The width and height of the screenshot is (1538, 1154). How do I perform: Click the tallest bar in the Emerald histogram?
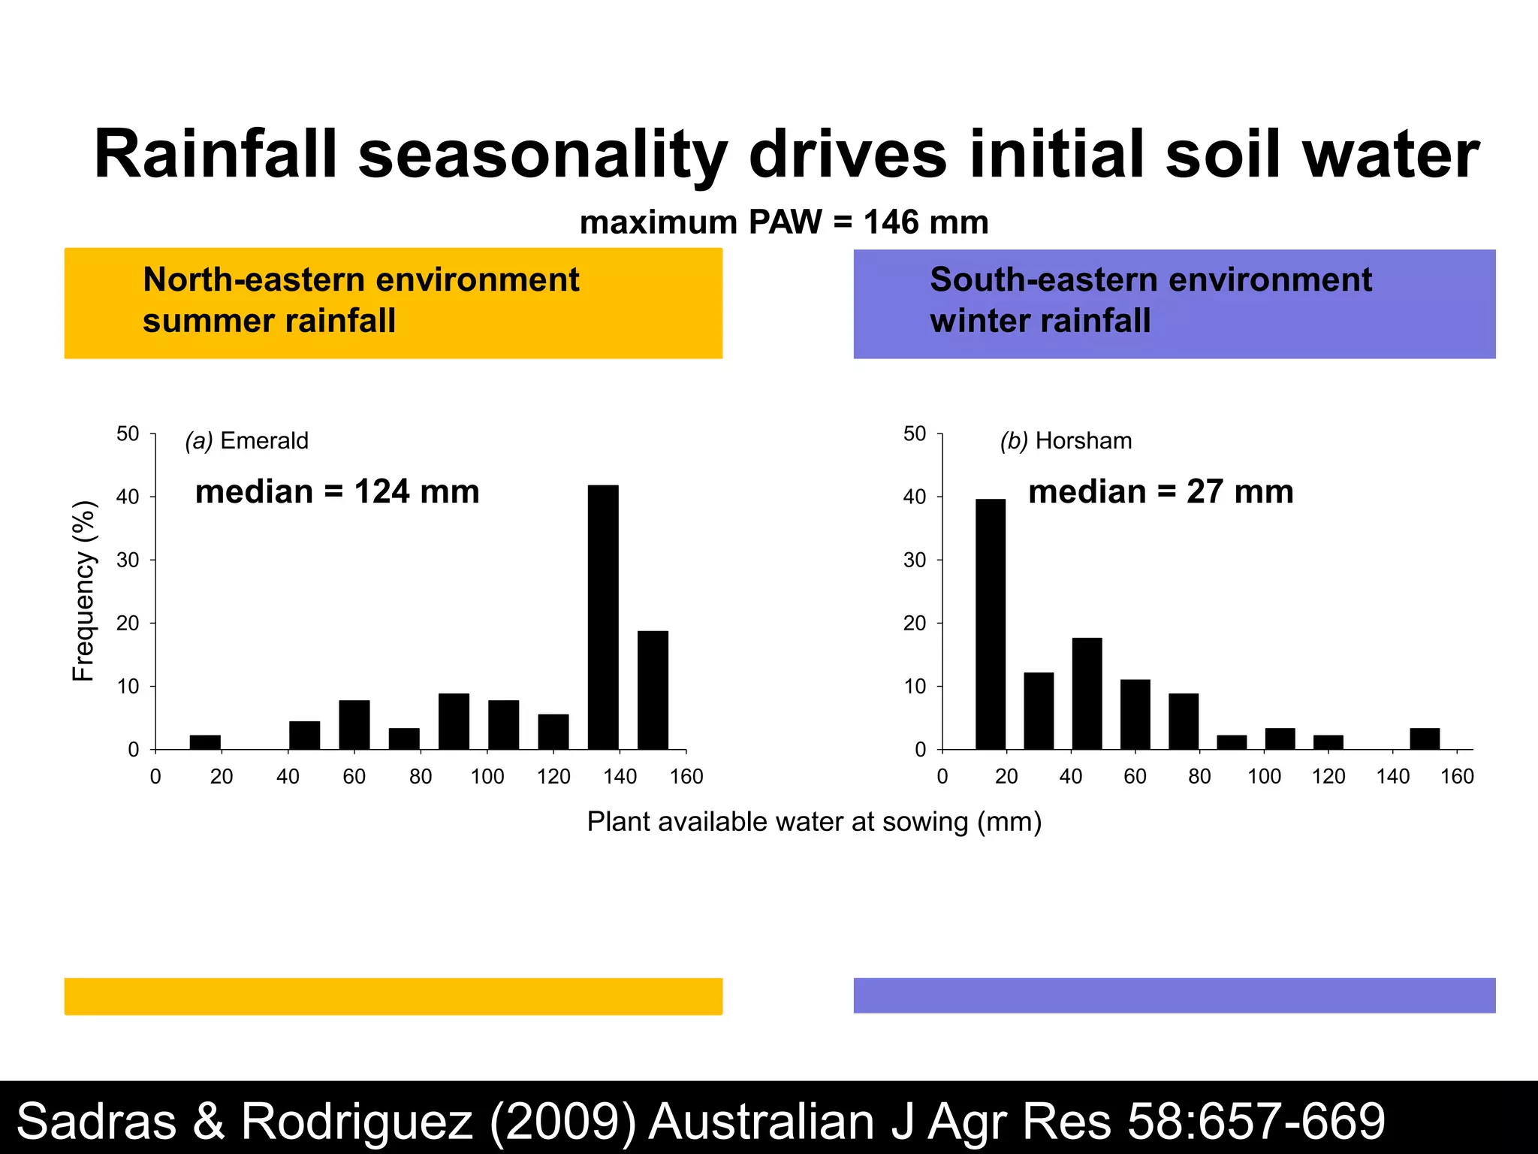(603, 616)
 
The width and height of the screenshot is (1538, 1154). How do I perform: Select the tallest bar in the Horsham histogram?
(991, 624)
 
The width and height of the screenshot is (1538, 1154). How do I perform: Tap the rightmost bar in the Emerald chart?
(653, 690)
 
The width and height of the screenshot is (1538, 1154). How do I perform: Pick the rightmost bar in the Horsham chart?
(1425, 739)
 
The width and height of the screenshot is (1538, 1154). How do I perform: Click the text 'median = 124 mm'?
(337, 492)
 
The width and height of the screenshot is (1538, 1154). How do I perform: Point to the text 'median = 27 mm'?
(1161, 492)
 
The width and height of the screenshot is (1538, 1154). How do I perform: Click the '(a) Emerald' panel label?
(247, 440)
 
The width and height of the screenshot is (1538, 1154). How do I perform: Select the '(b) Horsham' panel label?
(1066, 440)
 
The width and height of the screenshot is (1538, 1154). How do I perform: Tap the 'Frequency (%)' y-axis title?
(83, 591)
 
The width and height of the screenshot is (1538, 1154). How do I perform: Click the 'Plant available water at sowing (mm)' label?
(814, 822)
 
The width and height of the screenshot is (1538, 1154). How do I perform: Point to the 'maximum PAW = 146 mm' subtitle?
(784, 222)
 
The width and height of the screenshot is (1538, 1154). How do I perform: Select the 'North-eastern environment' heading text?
(361, 279)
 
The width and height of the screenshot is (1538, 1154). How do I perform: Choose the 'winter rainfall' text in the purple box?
(1040, 321)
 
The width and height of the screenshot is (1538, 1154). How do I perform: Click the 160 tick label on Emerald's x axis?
(686, 777)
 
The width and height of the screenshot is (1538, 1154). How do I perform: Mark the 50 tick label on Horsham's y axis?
(915, 434)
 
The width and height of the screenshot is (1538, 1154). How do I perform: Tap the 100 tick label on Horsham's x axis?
(1264, 777)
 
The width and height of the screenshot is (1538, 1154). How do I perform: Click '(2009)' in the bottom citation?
(563, 1121)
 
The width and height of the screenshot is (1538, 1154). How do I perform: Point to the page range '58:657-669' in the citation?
(1256, 1121)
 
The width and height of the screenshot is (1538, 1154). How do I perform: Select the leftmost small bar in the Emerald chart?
(205, 742)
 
